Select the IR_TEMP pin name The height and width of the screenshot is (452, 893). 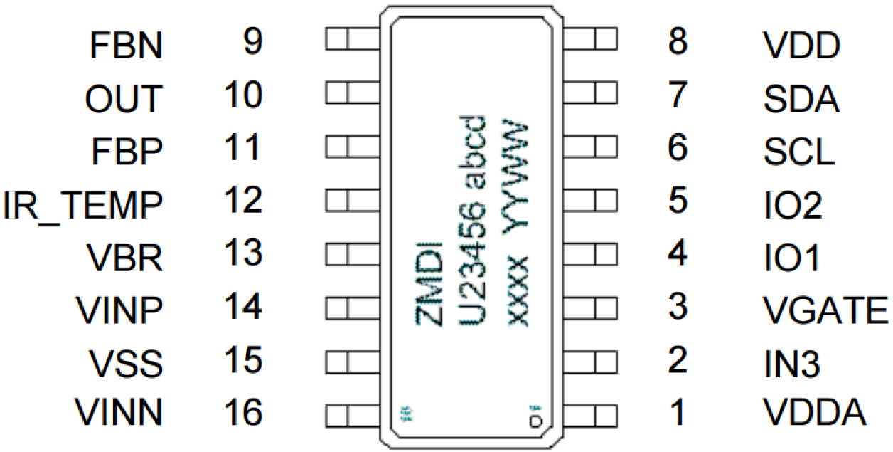point(82,205)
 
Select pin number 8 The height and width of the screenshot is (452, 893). point(678,43)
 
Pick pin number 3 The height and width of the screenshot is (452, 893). point(678,306)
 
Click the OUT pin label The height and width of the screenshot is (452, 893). point(124,100)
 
